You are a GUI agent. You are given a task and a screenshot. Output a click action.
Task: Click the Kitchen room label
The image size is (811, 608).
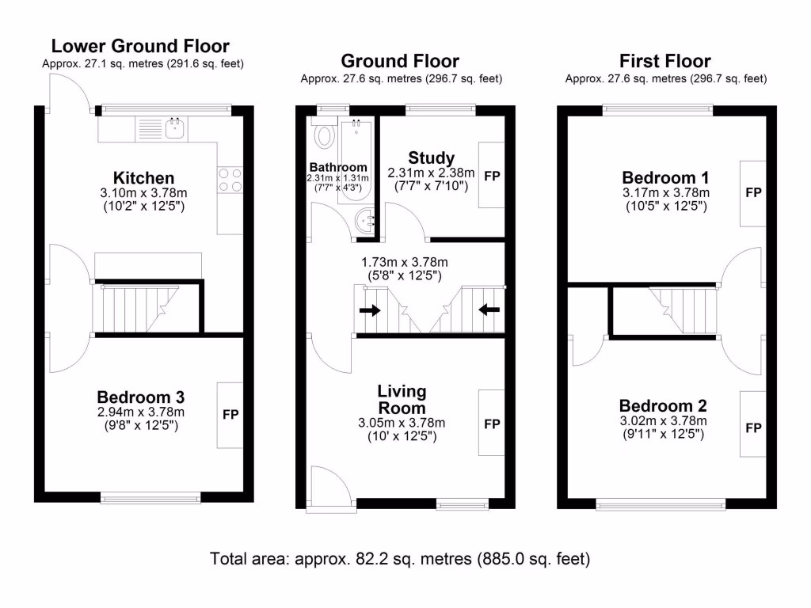click(143, 177)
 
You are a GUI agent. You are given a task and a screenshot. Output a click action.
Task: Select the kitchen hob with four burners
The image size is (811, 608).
click(230, 179)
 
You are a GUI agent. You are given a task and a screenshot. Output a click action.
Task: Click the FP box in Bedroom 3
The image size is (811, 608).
click(230, 415)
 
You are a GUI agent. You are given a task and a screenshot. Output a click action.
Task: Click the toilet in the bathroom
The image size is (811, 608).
click(324, 137)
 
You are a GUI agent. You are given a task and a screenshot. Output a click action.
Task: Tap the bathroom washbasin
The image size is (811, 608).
click(366, 221)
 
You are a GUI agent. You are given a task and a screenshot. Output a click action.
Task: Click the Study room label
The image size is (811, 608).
click(431, 158)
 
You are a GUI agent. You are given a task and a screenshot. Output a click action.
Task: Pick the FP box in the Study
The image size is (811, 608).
click(492, 175)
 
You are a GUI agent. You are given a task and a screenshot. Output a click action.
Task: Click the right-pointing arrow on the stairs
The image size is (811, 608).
click(369, 310)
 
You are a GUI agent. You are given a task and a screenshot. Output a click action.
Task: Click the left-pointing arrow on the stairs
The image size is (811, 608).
click(489, 310)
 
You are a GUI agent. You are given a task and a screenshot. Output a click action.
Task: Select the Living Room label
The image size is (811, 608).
click(402, 399)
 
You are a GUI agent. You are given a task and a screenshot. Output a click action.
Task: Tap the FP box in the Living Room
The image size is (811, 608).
click(492, 424)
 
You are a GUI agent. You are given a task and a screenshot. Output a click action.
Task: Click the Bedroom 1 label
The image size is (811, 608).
click(665, 177)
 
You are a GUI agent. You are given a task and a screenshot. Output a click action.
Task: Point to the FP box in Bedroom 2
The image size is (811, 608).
click(752, 427)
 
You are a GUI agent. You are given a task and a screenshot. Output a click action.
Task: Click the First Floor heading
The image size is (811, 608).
click(665, 61)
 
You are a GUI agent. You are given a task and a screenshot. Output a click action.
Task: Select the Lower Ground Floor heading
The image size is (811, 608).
click(140, 46)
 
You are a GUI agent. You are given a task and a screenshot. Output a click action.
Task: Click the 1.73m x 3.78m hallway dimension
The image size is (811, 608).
click(400, 262)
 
